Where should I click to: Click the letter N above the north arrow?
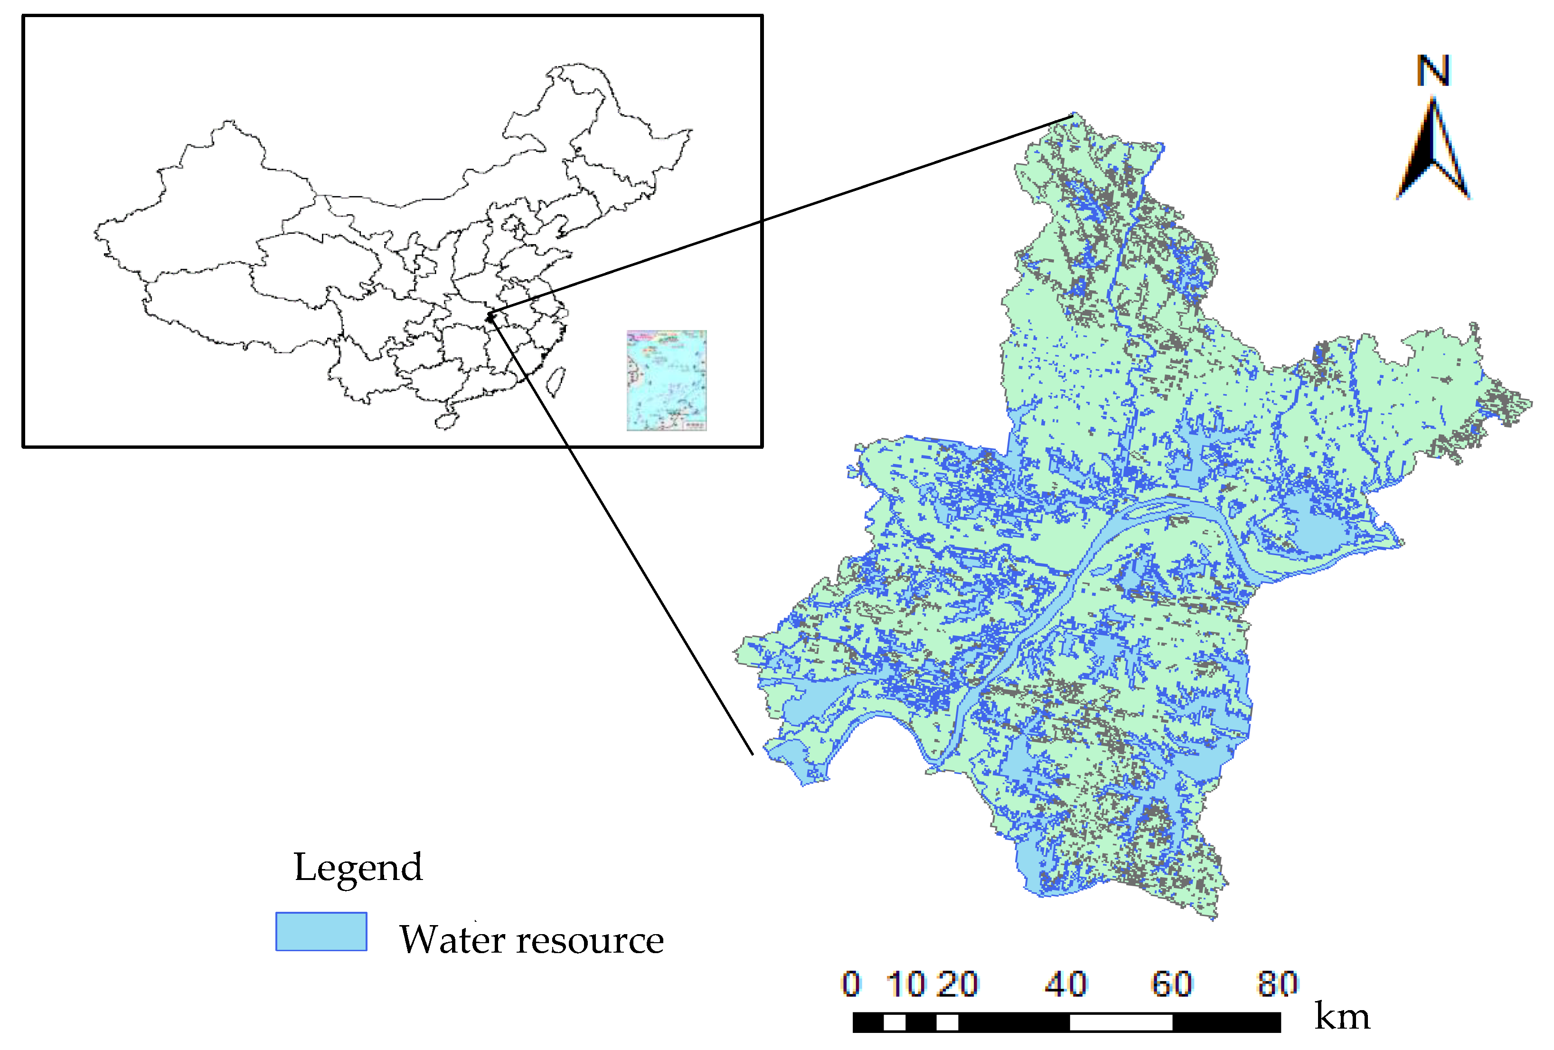(x=1432, y=71)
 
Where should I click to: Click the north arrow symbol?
(x=1433, y=151)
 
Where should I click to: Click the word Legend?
(x=358, y=868)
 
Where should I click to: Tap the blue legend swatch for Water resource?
(x=321, y=931)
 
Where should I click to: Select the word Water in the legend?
(x=452, y=940)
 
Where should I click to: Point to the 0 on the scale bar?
(x=850, y=984)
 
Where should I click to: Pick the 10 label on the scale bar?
(x=905, y=984)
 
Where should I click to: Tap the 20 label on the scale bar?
(x=958, y=984)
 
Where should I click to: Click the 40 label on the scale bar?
(x=1066, y=984)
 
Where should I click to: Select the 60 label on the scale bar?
(x=1171, y=984)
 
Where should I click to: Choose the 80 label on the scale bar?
(x=1277, y=984)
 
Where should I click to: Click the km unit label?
(x=1341, y=1017)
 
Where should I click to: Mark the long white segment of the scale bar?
(x=1121, y=1022)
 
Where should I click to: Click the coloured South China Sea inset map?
(x=666, y=380)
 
